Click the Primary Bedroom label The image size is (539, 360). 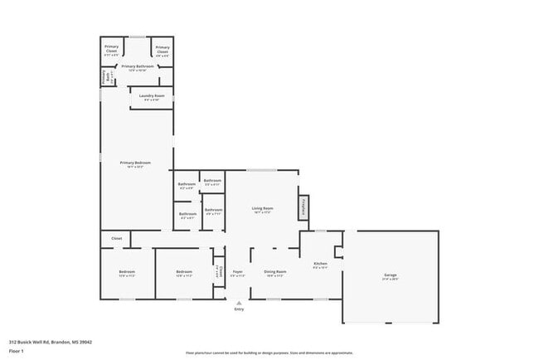click(x=136, y=163)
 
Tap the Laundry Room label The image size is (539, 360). click(x=151, y=96)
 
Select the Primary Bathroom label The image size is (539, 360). click(x=138, y=66)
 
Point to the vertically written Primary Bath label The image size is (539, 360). click(x=104, y=78)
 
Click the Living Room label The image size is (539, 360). click(x=263, y=207)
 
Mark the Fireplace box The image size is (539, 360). click(x=304, y=207)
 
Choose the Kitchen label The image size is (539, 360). click(x=321, y=264)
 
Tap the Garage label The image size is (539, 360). click(x=390, y=275)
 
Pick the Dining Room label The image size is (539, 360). click(x=275, y=271)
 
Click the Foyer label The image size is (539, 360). click(x=237, y=271)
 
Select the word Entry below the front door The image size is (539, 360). click(x=239, y=309)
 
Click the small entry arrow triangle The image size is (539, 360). click(x=239, y=302)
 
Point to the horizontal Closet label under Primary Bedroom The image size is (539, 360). click(x=117, y=238)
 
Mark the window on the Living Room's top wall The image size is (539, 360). click(x=263, y=171)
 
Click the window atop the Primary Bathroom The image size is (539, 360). click(x=138, y=36)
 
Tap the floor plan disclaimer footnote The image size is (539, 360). click(x=269, y=353)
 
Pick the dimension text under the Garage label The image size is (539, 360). click(x=390, y=280)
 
